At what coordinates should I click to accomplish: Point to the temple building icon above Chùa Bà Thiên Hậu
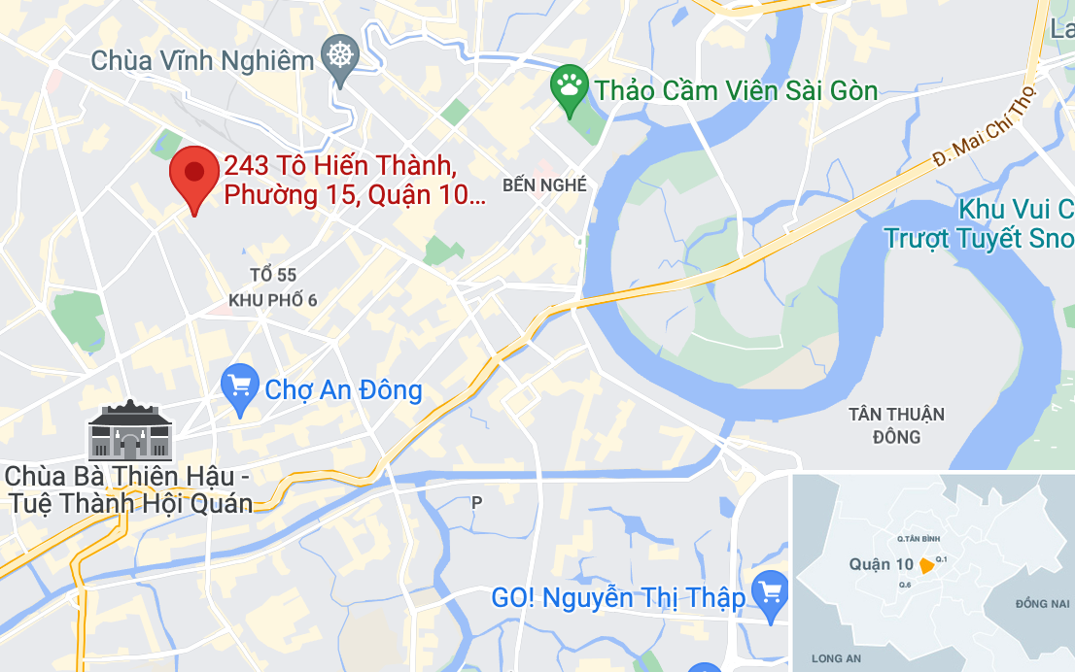click(x=129, y=430)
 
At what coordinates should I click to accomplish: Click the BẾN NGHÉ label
click(x=544, y=185)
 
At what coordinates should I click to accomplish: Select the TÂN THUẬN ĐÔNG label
click(x=895, y=425)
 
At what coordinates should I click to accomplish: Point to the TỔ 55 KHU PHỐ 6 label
click(x=272, y=288)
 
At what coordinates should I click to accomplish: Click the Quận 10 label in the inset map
click(x=881, y=564)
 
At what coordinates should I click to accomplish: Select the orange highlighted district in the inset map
click(x=926, y=566)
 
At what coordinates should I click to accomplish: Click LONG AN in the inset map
click(x=837, y=658)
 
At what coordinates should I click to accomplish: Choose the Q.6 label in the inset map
click(x=905, y=584)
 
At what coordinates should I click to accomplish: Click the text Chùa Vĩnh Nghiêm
click(x=202, y=60)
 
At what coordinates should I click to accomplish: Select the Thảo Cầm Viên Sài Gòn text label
click(x=736, y=91)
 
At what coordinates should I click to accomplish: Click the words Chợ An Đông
click(x=344, y=390)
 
